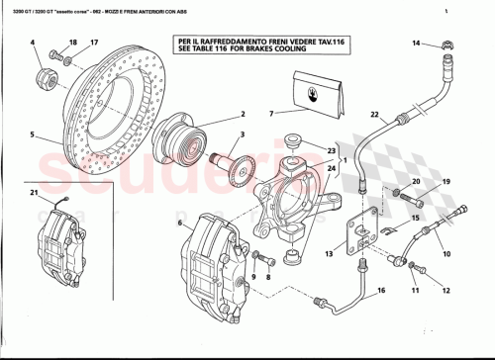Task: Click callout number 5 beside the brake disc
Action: coord(32,135)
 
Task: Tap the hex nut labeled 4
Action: coord(44,75)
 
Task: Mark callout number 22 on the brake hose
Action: coord(374,116)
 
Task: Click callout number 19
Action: coord(445,182)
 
